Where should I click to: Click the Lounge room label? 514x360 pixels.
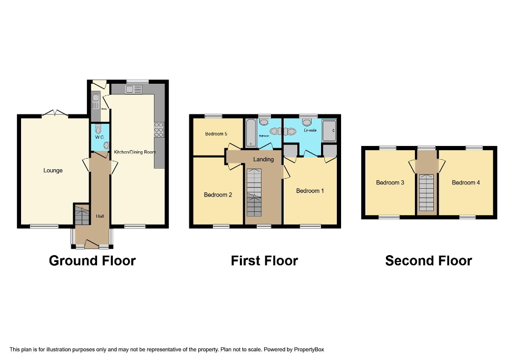pos(53,170)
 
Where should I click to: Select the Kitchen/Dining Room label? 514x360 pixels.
pos(135,152)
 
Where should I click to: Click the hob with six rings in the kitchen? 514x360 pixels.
pos(159,130)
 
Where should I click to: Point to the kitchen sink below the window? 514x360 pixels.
pos(133,90)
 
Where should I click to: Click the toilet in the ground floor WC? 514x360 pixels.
pos(98,129)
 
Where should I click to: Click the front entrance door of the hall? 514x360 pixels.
pos(92,244)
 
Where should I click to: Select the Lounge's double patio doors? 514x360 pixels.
pos(55,113)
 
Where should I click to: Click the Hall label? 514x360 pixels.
pos(100,216)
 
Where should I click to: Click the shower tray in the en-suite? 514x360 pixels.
pos(329,130)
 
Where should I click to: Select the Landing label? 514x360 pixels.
pos(263,159)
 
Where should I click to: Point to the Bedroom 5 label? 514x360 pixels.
pos(216,134)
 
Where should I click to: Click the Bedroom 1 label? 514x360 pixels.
pos(310,191)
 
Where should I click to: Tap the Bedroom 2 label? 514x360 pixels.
pos(218,195)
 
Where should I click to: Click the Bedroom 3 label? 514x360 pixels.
pos(390,183)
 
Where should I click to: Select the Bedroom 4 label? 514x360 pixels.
pos(466,183)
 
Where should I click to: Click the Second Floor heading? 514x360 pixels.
pos(428,260)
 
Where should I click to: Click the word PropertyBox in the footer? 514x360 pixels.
pos(308,349)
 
